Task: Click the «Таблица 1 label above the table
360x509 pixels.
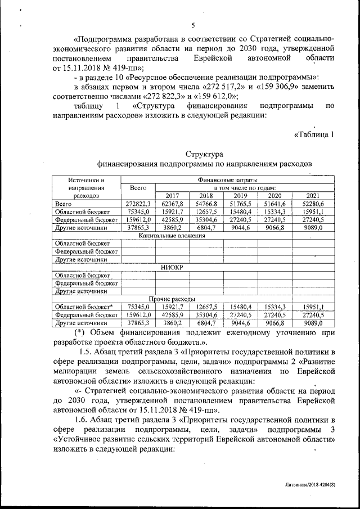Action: [x=315, y=134]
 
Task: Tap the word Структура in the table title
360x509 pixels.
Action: [x=203, y=154]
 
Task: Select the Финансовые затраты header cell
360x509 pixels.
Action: [x=228, y=179]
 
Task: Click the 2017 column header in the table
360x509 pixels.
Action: [x=172, y=195]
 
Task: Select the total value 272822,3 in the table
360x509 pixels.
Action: [x=138, y=204]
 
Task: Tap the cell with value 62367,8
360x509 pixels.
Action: [x=172, y=204]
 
